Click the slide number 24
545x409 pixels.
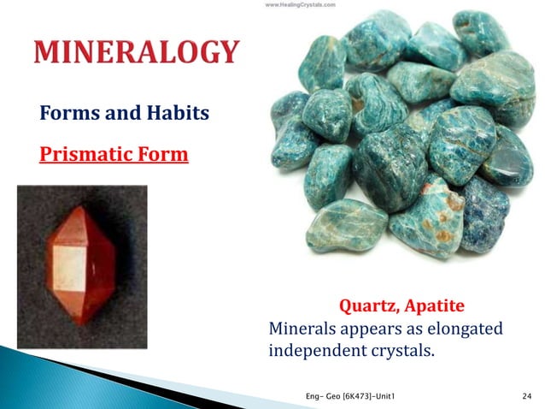coord(526,394)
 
